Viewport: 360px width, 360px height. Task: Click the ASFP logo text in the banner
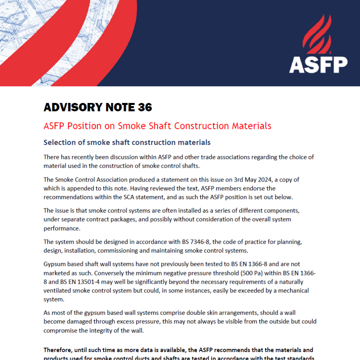(x=318, y=65)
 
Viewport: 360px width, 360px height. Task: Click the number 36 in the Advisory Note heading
(x=145, y=107)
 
